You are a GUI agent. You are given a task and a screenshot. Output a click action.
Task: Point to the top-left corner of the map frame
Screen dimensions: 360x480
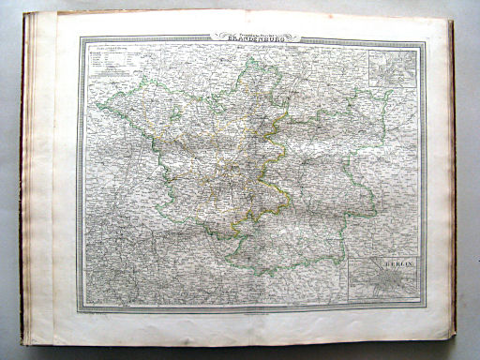click(80, 38)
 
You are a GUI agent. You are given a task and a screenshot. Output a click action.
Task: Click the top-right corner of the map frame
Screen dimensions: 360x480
click(425, 40)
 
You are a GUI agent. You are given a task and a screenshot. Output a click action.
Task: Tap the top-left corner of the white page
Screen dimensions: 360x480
click(54, 14)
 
